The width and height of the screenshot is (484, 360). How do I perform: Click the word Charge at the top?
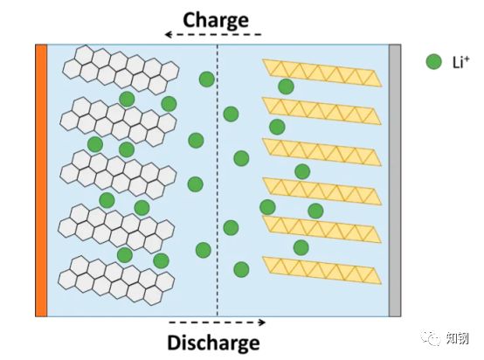point(216,20)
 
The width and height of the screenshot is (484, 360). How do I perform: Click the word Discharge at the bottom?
point(213,343)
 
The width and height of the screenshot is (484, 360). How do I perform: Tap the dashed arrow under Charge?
point(213,34)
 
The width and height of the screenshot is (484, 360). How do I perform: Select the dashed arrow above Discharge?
point(217,322)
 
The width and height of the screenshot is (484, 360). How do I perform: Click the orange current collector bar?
point(41,180)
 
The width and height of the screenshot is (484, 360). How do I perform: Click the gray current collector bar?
point(395,180)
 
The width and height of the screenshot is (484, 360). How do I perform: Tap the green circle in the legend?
point(433,62)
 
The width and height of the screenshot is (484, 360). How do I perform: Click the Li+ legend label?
point(460,62)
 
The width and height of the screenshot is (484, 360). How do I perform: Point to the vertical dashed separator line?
point(218,180)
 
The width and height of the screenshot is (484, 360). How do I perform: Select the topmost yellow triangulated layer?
point(322,73)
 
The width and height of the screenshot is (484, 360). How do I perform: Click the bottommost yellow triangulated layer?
point(322,270)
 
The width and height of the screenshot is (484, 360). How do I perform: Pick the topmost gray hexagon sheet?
point(121,70)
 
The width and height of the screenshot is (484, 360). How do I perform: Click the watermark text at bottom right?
point(446,338)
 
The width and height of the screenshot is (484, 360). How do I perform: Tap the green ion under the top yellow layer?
point(286,87)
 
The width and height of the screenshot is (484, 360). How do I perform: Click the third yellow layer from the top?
point(322,152)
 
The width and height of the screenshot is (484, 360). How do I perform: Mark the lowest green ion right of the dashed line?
point(241,269)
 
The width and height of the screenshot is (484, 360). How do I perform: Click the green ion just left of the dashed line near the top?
point(207,80)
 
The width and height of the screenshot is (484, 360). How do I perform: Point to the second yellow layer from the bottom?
point(322,229)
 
